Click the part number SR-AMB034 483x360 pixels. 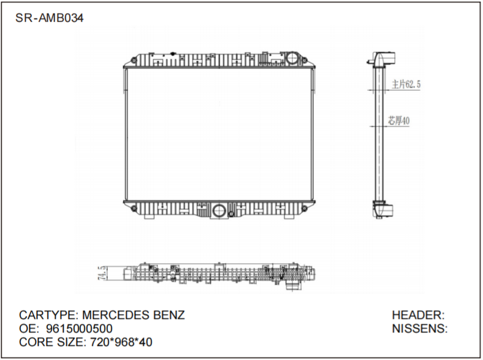tap(49, 17)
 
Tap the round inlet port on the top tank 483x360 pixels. tap(293, 59)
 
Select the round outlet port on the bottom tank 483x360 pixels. tap(219, 212)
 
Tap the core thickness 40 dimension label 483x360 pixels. tap(399, 121)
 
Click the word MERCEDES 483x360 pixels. tap(115, 315)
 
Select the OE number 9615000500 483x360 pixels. tap(79, 329)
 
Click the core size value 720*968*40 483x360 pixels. tap(118, 342)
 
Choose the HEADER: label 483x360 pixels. tap(418, 315)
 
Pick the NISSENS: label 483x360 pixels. tap(419, 329)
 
